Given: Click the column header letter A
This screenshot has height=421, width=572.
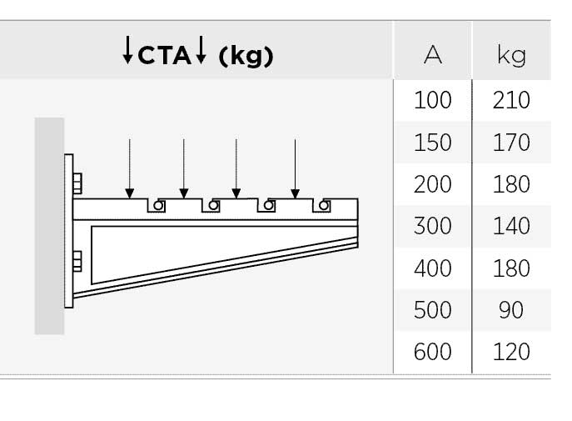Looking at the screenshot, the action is tap(433, 55).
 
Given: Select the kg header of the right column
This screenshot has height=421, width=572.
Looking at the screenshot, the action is tap(511, 56).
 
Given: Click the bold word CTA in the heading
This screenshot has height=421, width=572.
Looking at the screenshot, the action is tap(165, 56).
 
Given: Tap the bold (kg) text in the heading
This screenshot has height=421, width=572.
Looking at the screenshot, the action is tap(246, 56).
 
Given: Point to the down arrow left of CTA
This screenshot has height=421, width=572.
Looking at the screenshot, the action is tap(127, 50).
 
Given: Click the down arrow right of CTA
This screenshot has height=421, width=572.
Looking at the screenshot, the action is tap(201, 50).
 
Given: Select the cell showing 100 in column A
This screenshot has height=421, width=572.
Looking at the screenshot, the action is tap(433, 100).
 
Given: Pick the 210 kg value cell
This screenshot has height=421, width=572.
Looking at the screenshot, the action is tap(511, 100).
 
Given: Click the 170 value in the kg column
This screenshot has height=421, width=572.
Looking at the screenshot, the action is tap(511, 142).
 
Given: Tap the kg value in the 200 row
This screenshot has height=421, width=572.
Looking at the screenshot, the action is tap(511, 184).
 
